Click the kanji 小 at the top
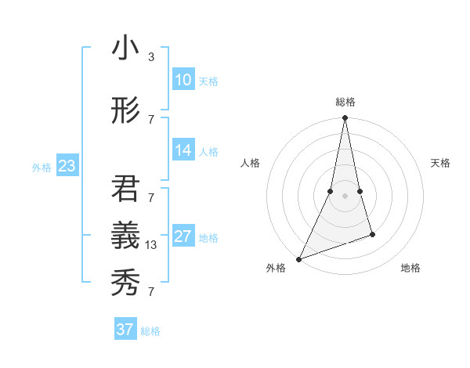tap(125, 48)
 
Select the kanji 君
tap(125, 189)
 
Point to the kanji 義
tap(125, 233)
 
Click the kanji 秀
tap(125, 280)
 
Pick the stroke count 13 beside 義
tap(153, 245)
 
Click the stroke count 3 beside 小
tap(151, 57)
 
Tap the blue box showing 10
tap(183, 80)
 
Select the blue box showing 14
tap(183, 151)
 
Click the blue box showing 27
tap(183, 237)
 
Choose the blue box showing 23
tap(67, 166)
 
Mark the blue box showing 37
tap(125, 330)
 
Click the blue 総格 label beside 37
tap(150, 331)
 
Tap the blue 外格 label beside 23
tap(42, 167)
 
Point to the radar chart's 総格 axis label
tap(345, 102)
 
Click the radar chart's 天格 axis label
tap(440, 163)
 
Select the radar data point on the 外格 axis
tap(298, 258)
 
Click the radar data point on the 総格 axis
tap(345, 117)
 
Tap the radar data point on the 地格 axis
tap(372, 234)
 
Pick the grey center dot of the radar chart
tap(345, 196)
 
